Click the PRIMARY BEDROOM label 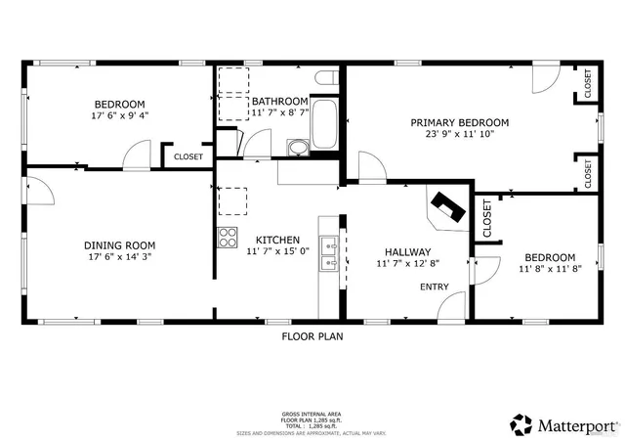(x=459, y=122)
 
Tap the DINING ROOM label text (x=119, y=245)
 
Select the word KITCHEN (x=277, y=240)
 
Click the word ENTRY (x=435, y=287)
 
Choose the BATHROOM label (x=280, y=101)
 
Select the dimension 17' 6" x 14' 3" (x=119, y=258)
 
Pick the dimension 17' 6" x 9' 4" (x=119, y=116)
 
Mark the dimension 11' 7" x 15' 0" (x=277, y=252)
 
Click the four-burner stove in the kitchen (x=228, y=236)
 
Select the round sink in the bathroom (x=297, y=148)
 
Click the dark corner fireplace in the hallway (x=450, y=206)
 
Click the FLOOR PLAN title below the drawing (x=312, y=335)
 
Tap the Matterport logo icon (x=521, y=423)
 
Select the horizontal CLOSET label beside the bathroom (x=187, y=156)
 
